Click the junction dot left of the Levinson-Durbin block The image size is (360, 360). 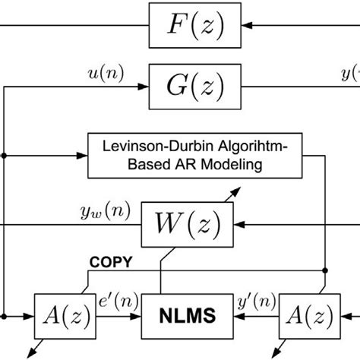(x=6, y=155)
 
